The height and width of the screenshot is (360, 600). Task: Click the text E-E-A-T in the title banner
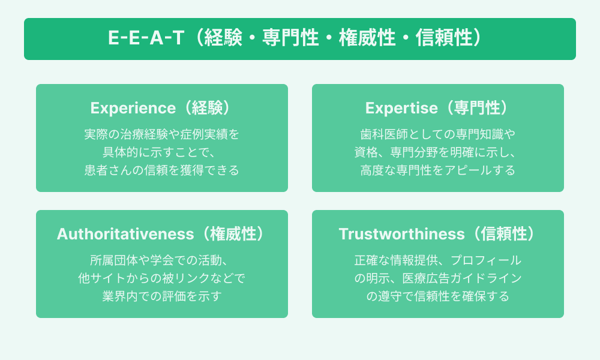point(146,38)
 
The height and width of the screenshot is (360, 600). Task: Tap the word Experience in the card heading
point(133,108)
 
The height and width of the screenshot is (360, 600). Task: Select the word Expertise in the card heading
point(401,108)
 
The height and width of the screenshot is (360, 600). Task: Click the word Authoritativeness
point(125,234)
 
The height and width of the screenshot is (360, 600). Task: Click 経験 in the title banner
point(223,38)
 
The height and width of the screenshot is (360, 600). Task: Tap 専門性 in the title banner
point(290,38)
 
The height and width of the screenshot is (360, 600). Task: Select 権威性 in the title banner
point(367,38)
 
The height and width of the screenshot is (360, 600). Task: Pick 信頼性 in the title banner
point(444,38)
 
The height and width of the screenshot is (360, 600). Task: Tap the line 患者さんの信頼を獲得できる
point(162,170)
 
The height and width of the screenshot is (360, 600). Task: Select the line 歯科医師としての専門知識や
point(438,134)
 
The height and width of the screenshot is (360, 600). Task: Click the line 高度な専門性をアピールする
point(438,170)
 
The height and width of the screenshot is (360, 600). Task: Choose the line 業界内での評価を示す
point(162,296)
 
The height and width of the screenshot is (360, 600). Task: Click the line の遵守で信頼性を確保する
point(438,296)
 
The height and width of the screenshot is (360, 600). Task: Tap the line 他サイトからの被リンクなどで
point(162,278)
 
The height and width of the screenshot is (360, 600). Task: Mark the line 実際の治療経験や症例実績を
point(162,134)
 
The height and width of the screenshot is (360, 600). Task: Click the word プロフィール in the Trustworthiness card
point(485,260)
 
